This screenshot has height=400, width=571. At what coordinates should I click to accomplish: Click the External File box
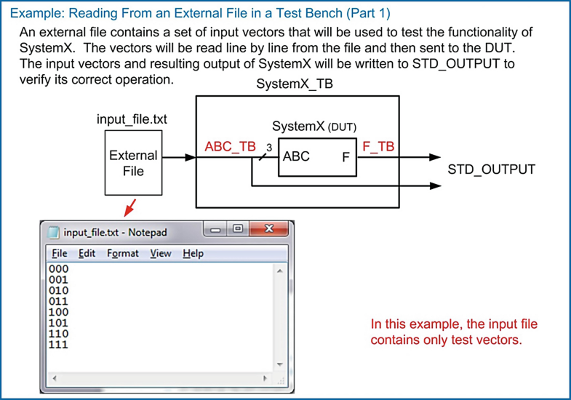[132, 163]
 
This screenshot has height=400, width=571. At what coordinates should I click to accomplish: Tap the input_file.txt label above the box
[132, 119]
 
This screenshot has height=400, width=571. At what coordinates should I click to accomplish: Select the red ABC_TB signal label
[230, 147]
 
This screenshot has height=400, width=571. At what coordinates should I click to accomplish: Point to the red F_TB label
[378, 146]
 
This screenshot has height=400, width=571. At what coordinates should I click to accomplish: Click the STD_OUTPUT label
[491, 169]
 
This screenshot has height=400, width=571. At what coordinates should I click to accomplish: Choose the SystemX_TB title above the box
[295, 84]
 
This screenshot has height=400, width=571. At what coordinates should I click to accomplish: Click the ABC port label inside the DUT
[296, 156]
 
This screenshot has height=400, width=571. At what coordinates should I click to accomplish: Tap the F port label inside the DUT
[346, 157]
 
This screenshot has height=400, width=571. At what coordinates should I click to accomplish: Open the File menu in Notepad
[59, 253]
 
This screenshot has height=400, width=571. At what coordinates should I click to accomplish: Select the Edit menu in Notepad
[87, 253]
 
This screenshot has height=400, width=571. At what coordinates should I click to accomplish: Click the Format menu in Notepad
[122, 253]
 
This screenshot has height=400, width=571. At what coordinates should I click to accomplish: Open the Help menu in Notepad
[193, 253]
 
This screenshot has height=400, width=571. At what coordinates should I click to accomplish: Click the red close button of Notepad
[270, 229]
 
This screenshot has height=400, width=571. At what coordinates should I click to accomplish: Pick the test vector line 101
[58, 323]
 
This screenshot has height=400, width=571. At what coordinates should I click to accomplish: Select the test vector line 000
[58, 269]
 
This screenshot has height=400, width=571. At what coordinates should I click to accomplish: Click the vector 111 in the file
[58, 345]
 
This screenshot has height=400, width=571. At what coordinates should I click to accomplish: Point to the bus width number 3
[268, 148]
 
